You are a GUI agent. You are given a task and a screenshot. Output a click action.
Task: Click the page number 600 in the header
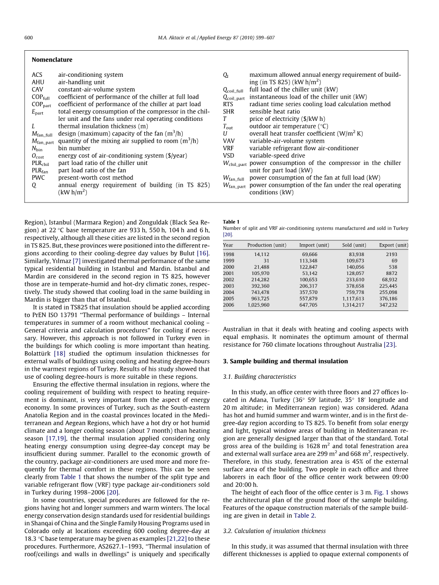(x=28, y=38)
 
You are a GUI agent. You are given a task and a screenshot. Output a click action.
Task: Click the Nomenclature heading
(x=52, y=60)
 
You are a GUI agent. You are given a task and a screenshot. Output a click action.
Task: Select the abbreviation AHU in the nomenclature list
(x=38, y=82)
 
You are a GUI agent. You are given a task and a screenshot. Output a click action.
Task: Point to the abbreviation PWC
(x=38, y=178)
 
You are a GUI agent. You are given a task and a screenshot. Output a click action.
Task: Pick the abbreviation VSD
(x=228, y=155)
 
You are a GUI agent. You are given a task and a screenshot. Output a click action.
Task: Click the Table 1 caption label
(x=231, y=221)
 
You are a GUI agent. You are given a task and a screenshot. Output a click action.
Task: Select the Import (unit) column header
(x=314, y=245)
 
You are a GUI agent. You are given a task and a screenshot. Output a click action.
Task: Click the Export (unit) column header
(x=393, y=245)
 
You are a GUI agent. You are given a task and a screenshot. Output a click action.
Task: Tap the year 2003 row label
(x=228, y=286)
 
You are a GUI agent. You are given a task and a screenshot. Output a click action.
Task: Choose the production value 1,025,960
(x=258, y=305)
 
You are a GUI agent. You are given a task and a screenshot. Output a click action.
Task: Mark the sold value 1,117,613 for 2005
(x=353, y=299)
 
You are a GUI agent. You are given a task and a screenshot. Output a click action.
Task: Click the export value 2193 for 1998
(x=392, y=255)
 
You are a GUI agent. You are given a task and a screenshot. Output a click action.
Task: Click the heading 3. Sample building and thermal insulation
(x=285, y=361)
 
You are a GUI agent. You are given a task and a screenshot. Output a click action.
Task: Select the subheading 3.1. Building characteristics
(x=259, y=377)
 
